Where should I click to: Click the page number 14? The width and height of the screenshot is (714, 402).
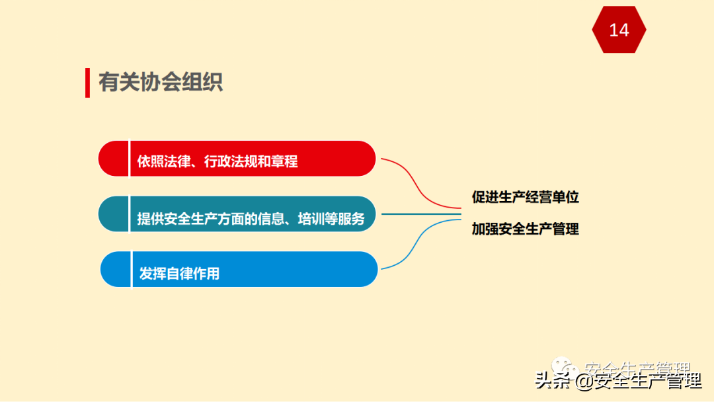pyautogui.click(x=619, y=30)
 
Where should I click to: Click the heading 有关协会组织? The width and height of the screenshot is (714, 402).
pyautogui.click(x=161, y=82)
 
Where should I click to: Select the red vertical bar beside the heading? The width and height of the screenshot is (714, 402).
pyautogui.click(x=87, y=82)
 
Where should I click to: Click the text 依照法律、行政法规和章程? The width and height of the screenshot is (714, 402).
pyautogui.click(x=218, y=161)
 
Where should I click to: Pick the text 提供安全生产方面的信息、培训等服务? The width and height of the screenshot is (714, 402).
pyautogui.click(x=251, y=219)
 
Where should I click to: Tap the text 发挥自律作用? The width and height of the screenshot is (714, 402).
pyautogui.click(x=179, y=273)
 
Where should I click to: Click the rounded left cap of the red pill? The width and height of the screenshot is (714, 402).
pyautogui.click(x=113, y=159)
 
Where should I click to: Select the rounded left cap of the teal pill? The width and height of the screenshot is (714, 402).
pyautogui.click(x=113, y=214)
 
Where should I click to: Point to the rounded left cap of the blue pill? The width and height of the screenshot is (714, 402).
pyautogui.click(x=115, y=269)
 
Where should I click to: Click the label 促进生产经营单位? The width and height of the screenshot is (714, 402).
pyautogui.click(x=525, y=197)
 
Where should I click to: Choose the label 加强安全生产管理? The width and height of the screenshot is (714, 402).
pyautogui.click(x=525, y=229)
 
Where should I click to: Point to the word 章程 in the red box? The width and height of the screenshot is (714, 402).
pyautogui.click(x=284, y=161)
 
